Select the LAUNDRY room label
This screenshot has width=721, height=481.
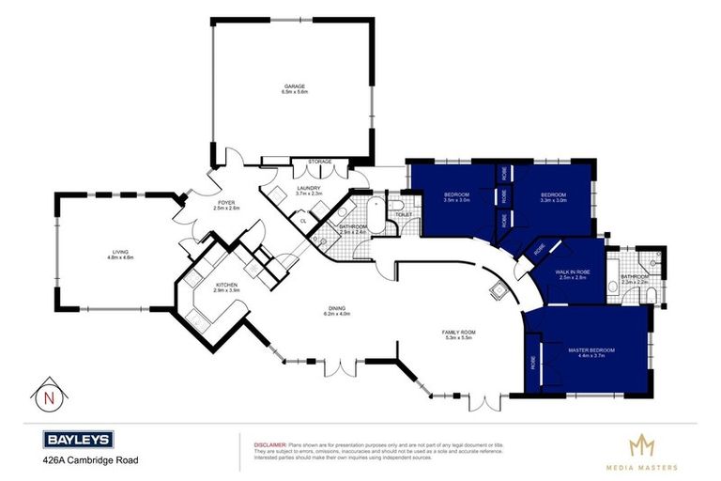[x=309, y=188]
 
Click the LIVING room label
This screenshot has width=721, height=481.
[x=120, y=251]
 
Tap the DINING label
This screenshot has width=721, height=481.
[x=337, y=308]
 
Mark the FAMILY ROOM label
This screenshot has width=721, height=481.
[x=461, y=332]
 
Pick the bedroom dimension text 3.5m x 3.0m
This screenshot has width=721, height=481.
[x=457, y=200]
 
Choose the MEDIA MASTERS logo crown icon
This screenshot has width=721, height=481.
[x=640, y=444]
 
